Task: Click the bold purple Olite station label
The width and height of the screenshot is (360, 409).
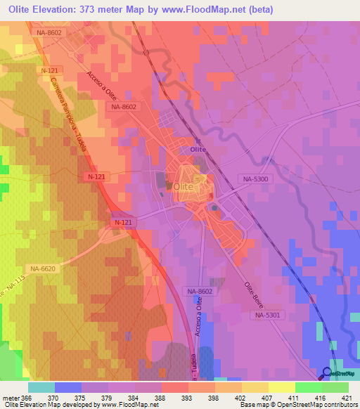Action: pyautogui.click(x=198, y=150)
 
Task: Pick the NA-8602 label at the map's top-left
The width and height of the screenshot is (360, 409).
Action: pyautogui.click(x=49, y=32)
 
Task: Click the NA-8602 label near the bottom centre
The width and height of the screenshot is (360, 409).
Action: pyautogui.click(x=200, y=290)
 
